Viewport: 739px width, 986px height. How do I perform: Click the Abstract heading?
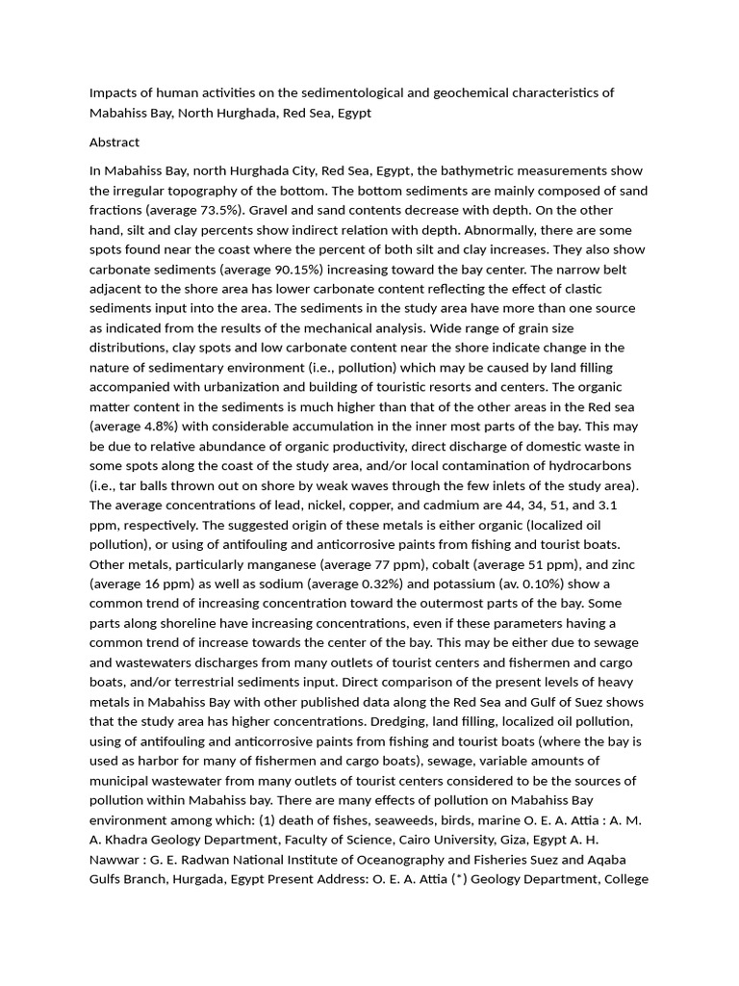pyautogui.click(x=114, y=143)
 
